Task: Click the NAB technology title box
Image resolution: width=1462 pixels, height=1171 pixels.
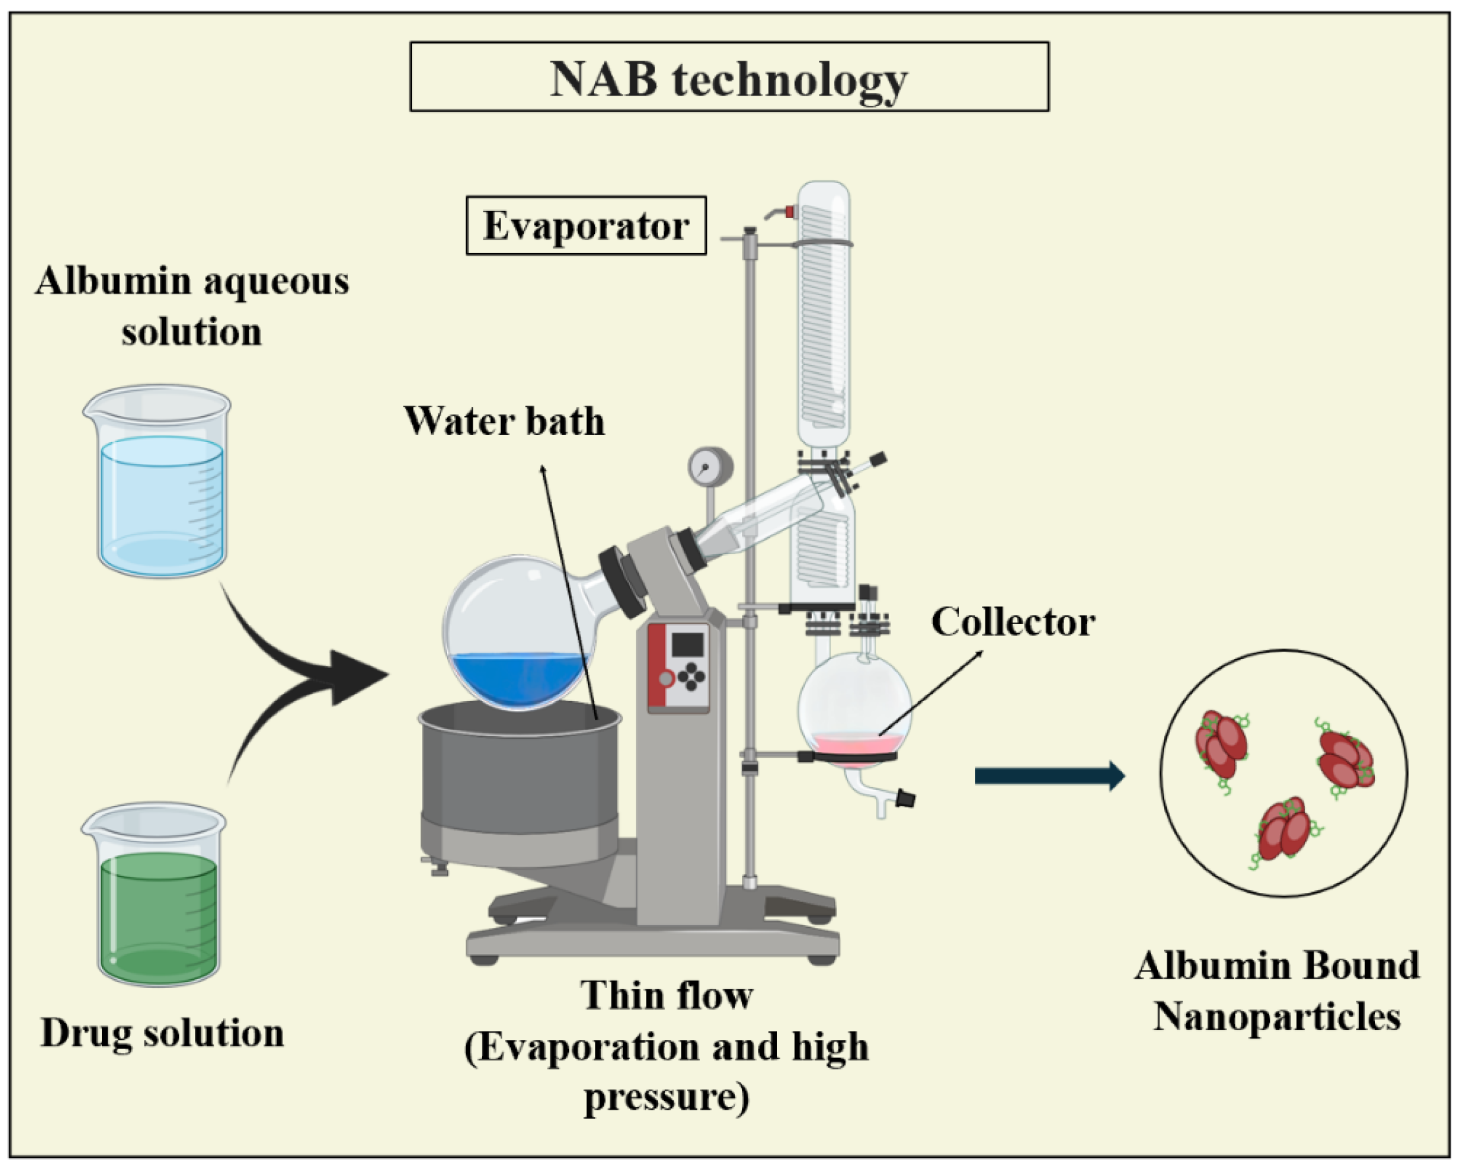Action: (x=729, y=76)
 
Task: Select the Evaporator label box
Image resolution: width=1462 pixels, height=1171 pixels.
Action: (x=586, y=226)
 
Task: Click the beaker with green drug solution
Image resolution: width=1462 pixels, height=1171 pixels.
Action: (x=156, y=895)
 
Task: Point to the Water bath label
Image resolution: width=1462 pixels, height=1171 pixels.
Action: (x=504, y=421)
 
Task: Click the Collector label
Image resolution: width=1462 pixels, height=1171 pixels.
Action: (x=1012, y=622)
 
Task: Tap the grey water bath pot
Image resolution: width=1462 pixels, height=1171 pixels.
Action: (x=519, y=780)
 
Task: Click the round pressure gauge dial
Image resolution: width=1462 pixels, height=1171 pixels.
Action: (x=709, y=467)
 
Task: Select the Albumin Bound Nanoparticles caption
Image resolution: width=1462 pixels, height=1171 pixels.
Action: (x=1277, y=990)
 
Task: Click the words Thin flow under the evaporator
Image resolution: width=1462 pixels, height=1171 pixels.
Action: (x=666, y=996)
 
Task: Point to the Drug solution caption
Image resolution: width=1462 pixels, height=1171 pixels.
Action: (x=162, y=1033)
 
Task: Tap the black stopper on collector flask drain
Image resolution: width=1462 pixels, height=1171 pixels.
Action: (x=905, y=798)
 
